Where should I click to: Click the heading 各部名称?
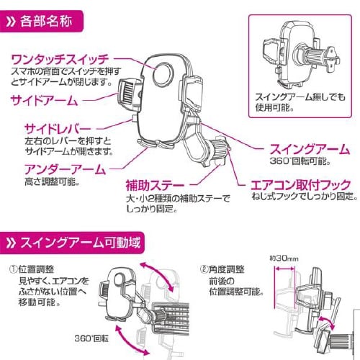coord(51,14)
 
